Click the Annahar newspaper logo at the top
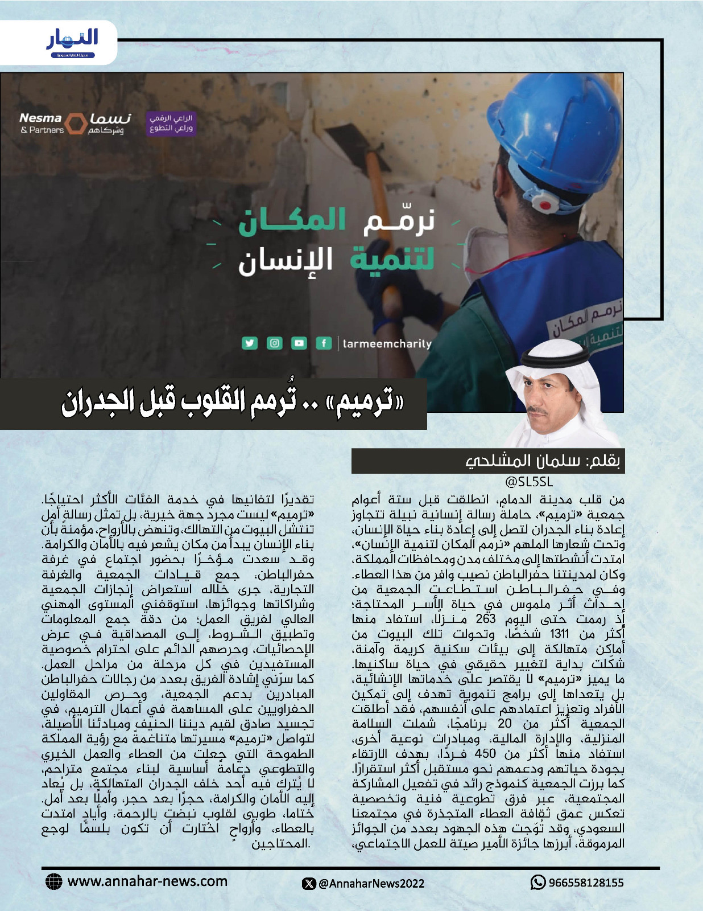72,42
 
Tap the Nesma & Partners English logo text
42,123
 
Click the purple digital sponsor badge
171,123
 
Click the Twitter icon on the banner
250,343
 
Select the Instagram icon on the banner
275,343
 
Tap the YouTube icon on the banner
299,343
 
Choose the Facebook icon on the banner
324,343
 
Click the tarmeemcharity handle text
387,343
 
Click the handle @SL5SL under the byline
529,482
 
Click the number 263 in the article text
486,619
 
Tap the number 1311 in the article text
560,634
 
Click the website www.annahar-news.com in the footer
147,881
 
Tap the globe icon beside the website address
53,881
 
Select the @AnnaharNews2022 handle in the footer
371,883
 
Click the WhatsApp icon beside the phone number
537,883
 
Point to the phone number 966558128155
586,883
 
